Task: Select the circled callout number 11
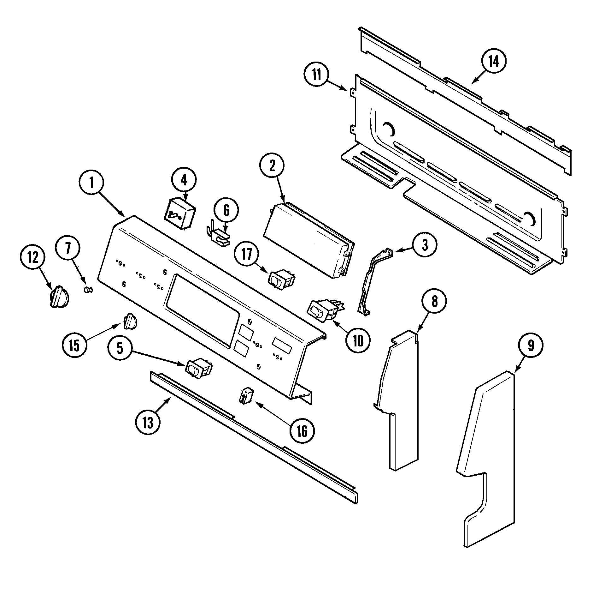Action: pyautogui.click(x=316, y=75)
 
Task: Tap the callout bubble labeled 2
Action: pyautogui.click(x=272, y=166)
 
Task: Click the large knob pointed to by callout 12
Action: pyautogui.click(x=59, y=297)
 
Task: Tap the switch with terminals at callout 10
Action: pyautogui.click(x=323, y=310)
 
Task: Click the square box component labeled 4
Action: pyautogui.click(x=179, y=213)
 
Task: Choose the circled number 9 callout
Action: pyautogui.click(x=531, y=346)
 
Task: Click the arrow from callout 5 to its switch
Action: pyautogui.click(x=158, y=358)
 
